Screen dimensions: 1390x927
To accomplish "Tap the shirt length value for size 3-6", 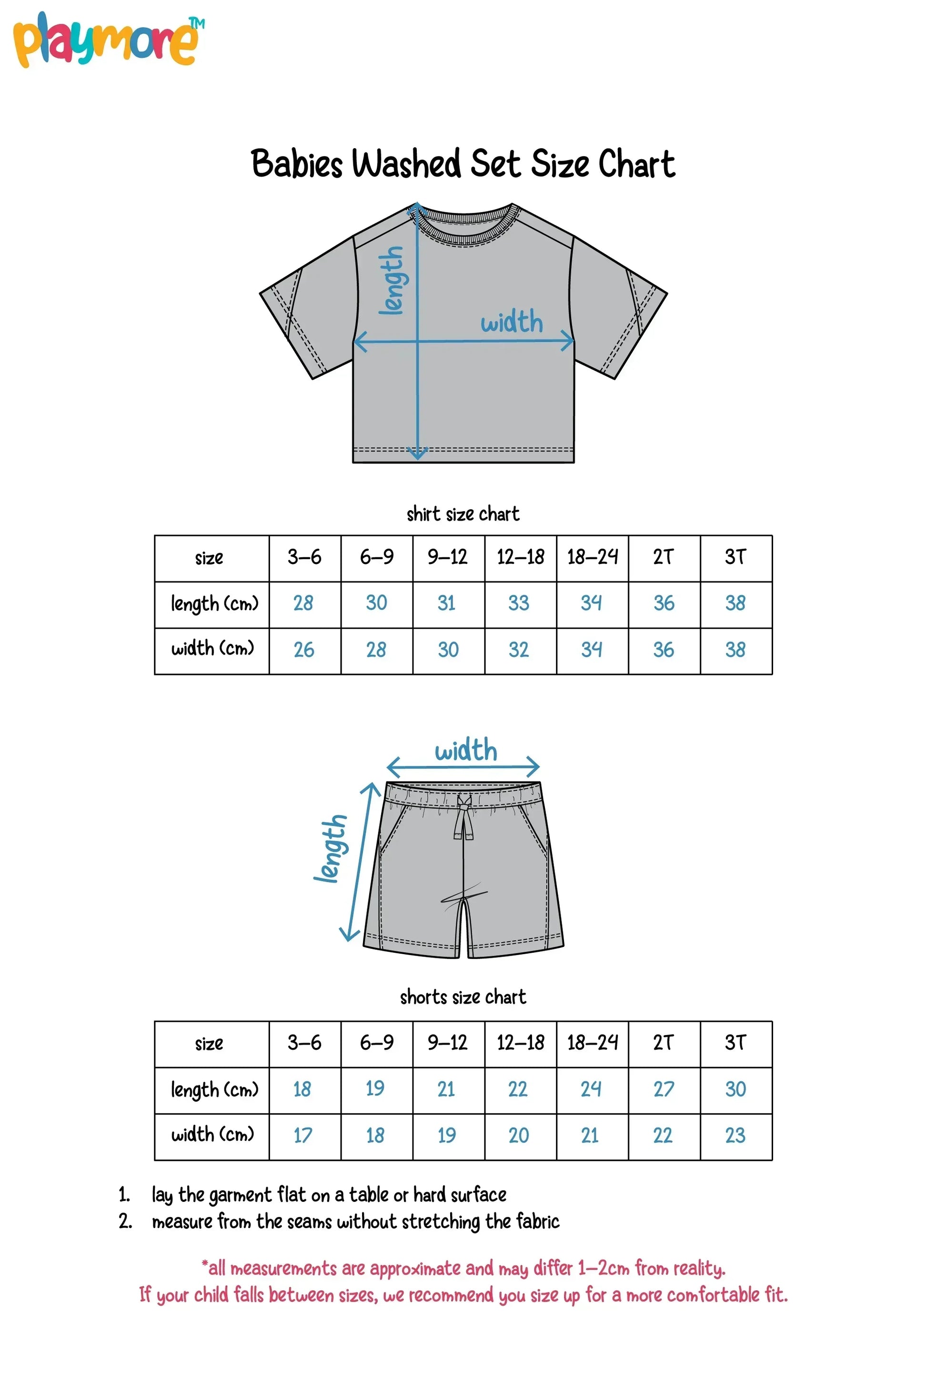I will (303, 603).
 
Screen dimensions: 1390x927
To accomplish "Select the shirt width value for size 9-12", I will (448, 650).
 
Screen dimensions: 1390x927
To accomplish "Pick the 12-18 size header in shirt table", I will (520, 557).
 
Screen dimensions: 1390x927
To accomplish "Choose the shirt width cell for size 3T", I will (736, 650).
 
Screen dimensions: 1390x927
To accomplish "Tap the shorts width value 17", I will (303, 1135).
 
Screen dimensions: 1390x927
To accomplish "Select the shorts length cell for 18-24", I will (591, 1089).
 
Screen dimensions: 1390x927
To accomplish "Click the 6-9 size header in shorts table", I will (377, 1042).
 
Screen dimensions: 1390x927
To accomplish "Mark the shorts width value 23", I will (736, 1135).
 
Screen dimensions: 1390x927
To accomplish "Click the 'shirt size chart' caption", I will (463, 514).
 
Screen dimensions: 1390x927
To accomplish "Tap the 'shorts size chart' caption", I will (463, 997).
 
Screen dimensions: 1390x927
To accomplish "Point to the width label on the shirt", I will (512, 323).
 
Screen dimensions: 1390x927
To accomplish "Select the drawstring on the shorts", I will (464, 819).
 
